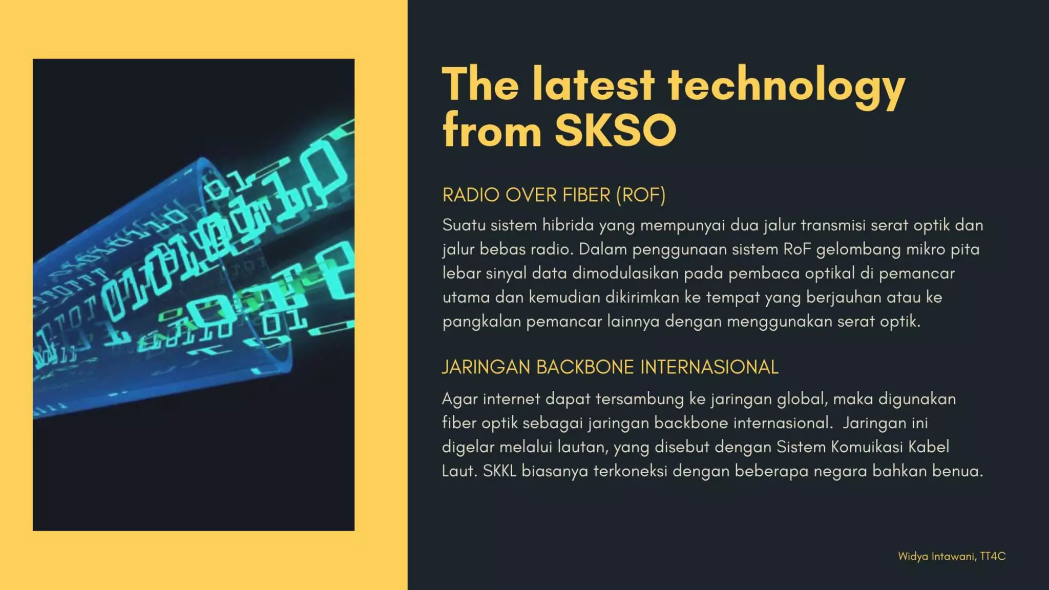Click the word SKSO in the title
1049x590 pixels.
[616, 130]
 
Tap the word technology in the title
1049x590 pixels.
[786, 85]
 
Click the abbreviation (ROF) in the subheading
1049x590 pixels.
[640, 195]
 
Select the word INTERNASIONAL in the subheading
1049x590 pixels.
[709, 367]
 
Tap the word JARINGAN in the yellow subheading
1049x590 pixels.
[486, 367]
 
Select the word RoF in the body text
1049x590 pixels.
[798, 249]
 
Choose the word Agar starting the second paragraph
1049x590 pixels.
[459, 399]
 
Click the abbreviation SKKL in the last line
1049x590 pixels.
[499, 471]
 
